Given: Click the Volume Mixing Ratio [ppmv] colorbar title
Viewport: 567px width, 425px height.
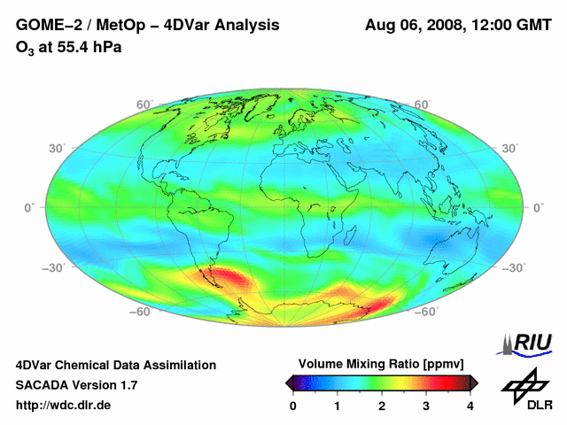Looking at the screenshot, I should pos(381,364).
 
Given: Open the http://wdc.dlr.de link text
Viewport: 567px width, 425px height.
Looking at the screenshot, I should pos(64,405).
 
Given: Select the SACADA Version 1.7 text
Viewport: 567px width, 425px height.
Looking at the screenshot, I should pos(76,385).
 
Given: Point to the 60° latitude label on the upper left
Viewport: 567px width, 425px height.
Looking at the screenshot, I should pos(144,104).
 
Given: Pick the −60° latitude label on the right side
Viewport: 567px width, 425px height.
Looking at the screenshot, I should pos(425,312).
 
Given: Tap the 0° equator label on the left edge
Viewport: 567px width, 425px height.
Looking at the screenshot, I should pos(28,207).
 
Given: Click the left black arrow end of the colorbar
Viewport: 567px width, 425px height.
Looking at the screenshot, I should pos(290,382).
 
